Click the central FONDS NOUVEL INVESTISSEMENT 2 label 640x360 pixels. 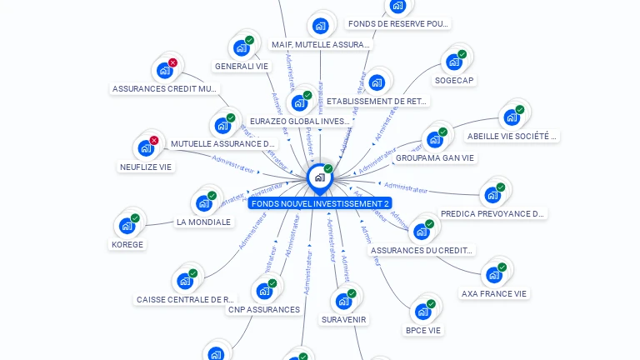[320, 203]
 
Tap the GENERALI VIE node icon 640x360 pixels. [242, 47]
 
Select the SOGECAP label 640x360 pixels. [454, 81]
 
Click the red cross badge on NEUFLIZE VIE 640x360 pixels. [154, 141]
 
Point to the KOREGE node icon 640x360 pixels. [127, 225]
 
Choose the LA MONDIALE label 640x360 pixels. [203, 222]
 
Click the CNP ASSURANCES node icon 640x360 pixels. [264, 291]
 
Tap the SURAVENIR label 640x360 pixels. [343, 319]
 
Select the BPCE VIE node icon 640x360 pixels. [422, 312]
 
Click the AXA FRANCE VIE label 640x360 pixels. [495, 293]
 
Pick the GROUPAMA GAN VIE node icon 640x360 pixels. [434, 139]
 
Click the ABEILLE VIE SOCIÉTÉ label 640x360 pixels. [512, 136]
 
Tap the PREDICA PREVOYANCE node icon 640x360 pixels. [492, 195]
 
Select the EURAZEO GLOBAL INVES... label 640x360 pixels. [300, 122]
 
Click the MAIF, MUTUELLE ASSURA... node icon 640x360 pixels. [320, 26]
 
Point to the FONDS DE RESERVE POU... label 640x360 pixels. [398, 24]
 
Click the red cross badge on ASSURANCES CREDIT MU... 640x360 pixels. [172, 62]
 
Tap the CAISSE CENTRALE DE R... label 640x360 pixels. [185, 299]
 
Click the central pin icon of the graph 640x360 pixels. [318, 177]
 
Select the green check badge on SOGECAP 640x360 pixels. [462, 54]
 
